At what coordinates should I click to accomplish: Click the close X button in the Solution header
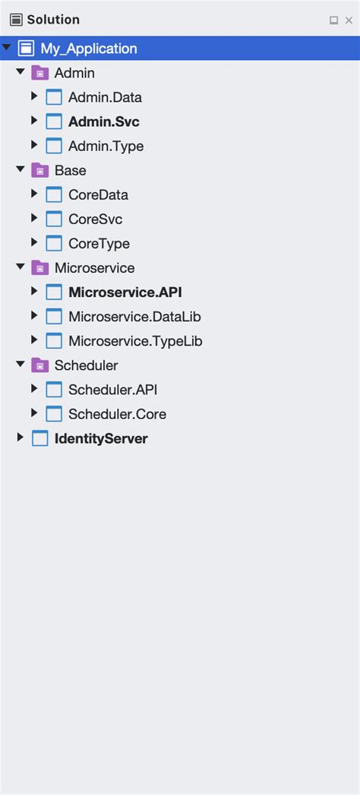(349, 21)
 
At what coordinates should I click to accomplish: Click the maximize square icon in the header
(333, 21)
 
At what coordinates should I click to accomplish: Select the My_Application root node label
(89, 49)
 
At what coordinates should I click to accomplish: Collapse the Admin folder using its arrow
(21, 72)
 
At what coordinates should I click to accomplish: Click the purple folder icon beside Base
(39, 170)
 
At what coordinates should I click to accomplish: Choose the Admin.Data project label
(105, 97)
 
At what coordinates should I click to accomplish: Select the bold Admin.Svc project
(104, 121)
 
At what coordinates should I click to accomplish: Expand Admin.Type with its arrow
(34, 145)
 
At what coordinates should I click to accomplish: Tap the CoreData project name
(99, 194)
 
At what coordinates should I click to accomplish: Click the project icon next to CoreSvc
(54, 219)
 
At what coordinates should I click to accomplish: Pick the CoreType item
(99, 244)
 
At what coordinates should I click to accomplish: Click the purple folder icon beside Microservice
(39, 268)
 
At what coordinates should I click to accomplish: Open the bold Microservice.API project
(125, 292)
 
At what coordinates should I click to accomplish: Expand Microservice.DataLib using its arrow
(34, 315)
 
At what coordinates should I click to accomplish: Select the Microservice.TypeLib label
(135, 341)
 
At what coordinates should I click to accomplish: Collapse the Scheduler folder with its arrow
(21, 364)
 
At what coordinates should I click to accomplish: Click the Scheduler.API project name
(113, 390)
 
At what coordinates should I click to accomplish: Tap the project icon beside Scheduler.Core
(54, 414)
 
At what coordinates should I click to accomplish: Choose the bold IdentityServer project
(101, 439)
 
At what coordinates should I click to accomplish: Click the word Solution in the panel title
(53, 21)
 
